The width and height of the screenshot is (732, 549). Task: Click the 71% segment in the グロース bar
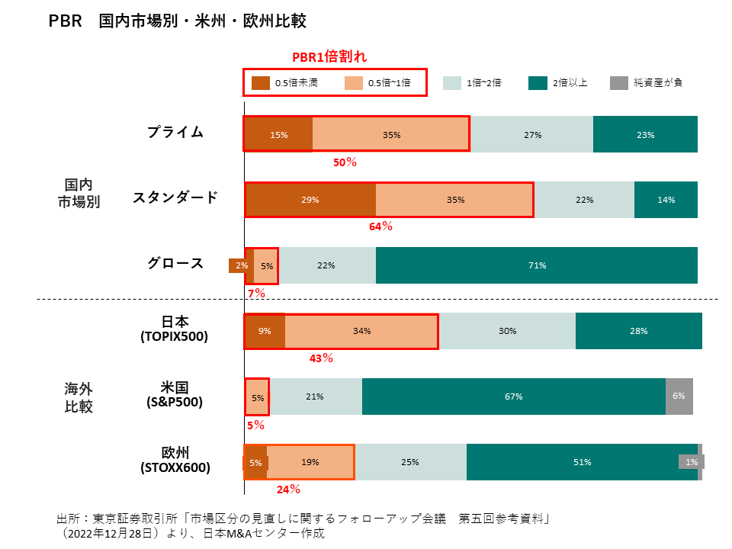click(536, 265)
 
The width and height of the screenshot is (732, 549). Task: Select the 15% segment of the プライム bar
click(278, 135)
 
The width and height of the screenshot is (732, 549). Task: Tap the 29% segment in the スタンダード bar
click(310, 200)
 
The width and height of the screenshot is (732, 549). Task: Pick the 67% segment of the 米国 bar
click(513, 396)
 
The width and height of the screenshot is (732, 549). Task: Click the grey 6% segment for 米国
click(679, 396)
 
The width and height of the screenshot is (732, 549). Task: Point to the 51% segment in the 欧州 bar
click(582, 462)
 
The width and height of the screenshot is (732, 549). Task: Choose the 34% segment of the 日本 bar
click(361, 331)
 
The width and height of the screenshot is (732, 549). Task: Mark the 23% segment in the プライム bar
click(645, 135)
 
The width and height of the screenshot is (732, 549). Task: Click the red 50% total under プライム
click(345, 162)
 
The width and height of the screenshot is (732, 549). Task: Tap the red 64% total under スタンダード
click(380, 226)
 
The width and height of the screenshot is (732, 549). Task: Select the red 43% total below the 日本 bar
click(321, 358)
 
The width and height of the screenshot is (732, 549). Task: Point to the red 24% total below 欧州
click(287, 490)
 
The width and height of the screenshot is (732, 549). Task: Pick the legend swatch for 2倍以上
click(538, 82)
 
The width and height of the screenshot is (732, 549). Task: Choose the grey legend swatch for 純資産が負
click(618, 82)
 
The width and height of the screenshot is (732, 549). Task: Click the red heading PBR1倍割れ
click(330, 58)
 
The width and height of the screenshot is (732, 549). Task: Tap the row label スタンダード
click(175, 197)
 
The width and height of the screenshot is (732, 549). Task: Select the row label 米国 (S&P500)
click(175, 394)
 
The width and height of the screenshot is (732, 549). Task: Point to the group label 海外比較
click(79, 397)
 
